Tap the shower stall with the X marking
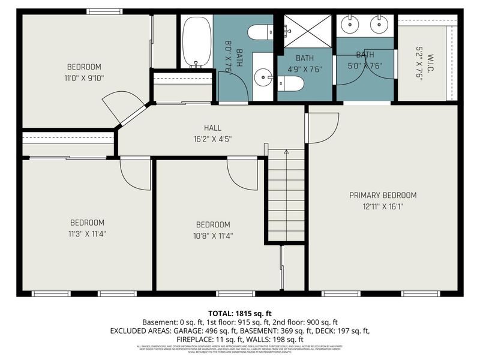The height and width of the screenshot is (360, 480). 307,31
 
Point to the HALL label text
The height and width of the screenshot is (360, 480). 212,128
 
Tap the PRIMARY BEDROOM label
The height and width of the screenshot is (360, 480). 383,195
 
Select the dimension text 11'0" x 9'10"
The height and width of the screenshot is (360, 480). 84,77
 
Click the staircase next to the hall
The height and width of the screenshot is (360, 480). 286,195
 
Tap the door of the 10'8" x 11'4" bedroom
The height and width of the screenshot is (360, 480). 243,175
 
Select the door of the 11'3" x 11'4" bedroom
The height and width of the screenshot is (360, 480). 136,175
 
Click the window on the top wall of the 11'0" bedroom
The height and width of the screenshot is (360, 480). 104,11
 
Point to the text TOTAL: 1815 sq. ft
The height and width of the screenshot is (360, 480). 239,313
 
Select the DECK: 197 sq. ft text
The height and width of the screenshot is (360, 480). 341,331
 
